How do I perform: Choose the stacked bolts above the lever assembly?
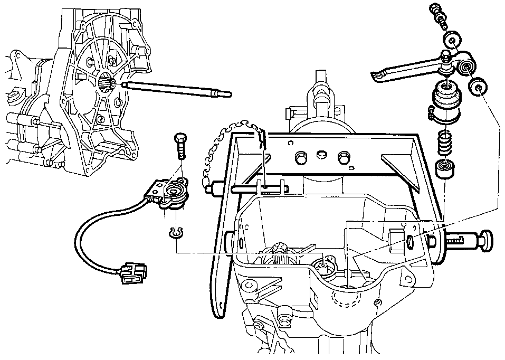point(439,13)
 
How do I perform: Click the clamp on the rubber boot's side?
point(432,111)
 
